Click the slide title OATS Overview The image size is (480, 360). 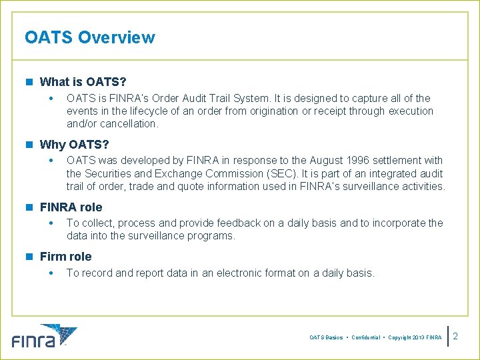coord(89,37)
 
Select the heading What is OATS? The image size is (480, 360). coord(83,82)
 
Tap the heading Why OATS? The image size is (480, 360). coord(74,145)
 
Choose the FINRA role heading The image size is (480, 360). coord(71,207)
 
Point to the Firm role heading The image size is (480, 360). coord(65,257)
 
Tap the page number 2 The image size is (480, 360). coord(456,337)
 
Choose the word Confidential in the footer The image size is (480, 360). coord(365,338)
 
